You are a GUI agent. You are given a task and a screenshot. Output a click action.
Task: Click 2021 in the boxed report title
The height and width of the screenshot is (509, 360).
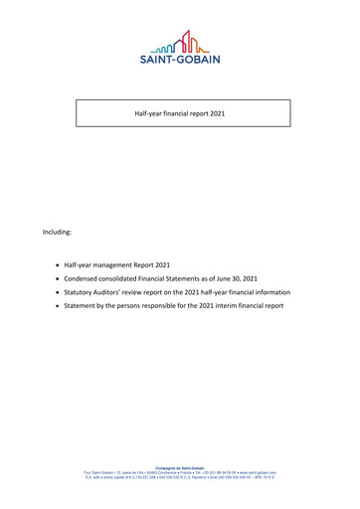216,114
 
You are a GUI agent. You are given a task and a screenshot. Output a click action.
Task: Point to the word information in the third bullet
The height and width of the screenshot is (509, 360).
267,293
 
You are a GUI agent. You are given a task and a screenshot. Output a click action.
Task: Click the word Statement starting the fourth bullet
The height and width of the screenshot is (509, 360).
85,306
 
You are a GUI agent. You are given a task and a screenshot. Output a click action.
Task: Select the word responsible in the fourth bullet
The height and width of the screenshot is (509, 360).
176,306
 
